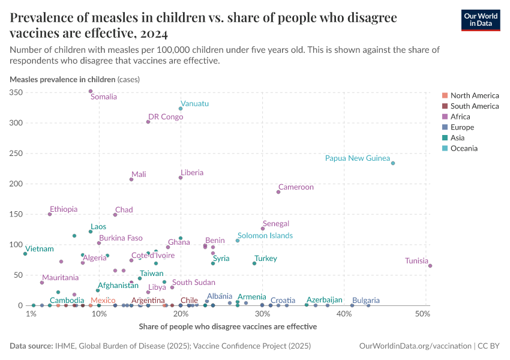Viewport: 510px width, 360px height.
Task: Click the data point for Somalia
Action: pos(91,91)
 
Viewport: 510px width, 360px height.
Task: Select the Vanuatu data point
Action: pos(181,109)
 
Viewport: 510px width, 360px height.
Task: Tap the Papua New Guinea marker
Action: pos(393,163)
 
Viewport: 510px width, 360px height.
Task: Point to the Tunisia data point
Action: pos(430,266)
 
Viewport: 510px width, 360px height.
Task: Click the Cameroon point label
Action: pos(296,187)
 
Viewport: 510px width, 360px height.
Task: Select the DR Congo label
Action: pos(166,117)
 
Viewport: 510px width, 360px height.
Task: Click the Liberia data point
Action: pos(181,178)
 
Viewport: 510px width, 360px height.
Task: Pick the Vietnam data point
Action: pos(25,254)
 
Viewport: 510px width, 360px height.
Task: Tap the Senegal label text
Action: pos(276,224)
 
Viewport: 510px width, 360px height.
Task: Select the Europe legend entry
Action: pos(462,127)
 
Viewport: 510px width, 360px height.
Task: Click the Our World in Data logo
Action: pos(480,20)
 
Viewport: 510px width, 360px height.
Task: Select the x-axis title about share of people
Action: pos(227,327)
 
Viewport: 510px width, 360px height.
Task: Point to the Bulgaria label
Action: pos(365,300)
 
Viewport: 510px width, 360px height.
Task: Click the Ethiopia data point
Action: pos(50,214)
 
